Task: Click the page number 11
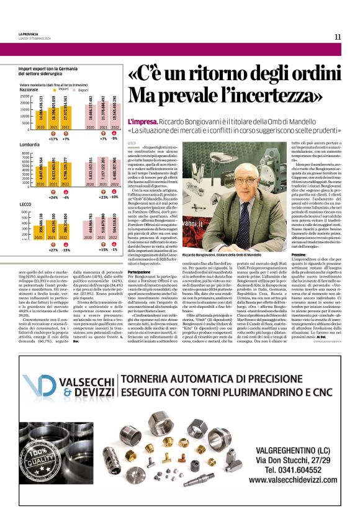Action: click(x=338, y=37)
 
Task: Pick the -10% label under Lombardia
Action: click(x=114, y=197)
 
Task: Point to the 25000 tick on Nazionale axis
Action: click(x=25, y=96)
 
